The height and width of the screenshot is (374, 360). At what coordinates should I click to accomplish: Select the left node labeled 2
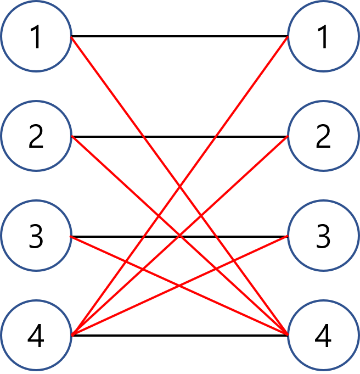pyautogui.click(x=36, y=136)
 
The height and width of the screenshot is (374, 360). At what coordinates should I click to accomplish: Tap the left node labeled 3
pyautogui.click(x=36, y=236)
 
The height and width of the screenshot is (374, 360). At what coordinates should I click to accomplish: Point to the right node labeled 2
pyautogui.click(x=323, y=136)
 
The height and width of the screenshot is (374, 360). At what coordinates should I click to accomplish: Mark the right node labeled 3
pyautogui.click(x=323, y=236)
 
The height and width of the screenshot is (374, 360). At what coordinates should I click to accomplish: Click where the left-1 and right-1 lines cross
pyautogui.click(x=180, y=186)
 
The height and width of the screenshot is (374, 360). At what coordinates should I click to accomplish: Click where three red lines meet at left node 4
pyautogui.click(x=72, y=334)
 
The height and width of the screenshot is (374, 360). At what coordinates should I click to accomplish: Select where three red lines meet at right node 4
pyautogui.click(x=287, y=334)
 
